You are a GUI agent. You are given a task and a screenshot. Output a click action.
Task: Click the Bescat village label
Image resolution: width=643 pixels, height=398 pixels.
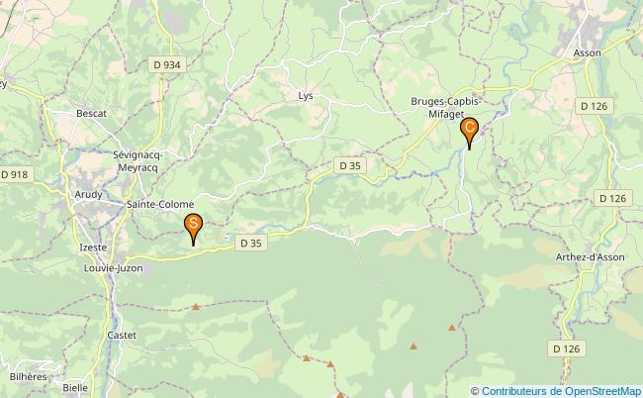pos(91,114)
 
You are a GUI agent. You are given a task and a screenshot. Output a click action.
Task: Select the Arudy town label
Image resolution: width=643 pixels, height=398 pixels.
pos(88,195)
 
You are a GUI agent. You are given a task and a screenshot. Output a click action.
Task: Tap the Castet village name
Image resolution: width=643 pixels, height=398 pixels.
pos(122,337)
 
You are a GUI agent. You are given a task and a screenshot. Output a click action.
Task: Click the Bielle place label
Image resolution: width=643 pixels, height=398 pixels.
pos(75,388)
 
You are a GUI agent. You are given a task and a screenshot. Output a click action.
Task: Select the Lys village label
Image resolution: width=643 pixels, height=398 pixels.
pos(305,96)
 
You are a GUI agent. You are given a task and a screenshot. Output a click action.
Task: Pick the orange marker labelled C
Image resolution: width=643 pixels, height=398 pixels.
pos(470,130)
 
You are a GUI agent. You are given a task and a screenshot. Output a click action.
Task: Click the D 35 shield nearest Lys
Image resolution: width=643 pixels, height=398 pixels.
pos(349,166)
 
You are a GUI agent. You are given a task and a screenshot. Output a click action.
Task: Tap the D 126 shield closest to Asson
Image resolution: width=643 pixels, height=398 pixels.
pos(594,106)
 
